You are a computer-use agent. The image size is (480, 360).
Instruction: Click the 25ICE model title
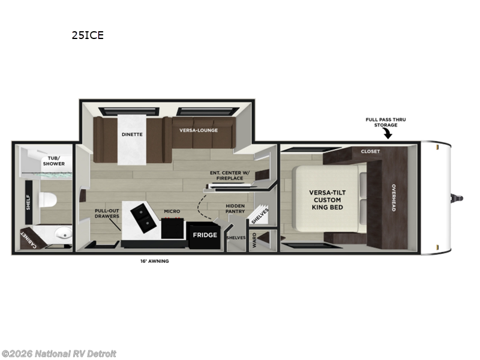[88, 35]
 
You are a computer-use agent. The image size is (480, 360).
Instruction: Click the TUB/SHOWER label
[53, 161]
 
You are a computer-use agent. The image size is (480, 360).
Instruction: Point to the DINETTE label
[131, 134]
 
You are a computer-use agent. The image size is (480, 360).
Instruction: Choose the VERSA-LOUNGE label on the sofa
[199, 130]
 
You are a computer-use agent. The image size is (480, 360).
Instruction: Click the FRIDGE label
[205, 235]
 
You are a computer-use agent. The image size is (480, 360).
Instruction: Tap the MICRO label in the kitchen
[172, 211]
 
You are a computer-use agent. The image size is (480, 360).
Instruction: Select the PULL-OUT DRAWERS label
[107, 213]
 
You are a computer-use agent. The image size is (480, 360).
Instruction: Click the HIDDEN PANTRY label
[235, 209]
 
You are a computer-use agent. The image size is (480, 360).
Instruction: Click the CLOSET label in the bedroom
[370, 152]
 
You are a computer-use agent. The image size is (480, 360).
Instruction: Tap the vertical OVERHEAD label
[394, 198]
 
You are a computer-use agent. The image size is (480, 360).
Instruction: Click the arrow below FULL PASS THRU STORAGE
[388, 134]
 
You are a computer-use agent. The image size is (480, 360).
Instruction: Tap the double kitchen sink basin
[142, 218]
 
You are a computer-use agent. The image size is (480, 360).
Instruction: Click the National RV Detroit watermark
[59, 353]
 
